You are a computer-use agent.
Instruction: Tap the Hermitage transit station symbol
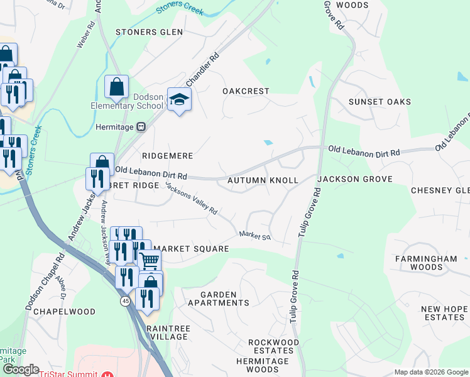141,127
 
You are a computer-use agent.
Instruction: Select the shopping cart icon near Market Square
150,259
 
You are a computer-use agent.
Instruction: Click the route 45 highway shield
125,301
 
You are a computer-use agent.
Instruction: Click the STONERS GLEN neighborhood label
149,32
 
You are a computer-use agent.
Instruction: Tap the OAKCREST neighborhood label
246,91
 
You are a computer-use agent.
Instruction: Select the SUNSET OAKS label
380,102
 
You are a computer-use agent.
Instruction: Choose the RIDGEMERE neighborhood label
167,155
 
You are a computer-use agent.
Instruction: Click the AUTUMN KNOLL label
262,180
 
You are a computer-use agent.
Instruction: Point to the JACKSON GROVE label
354,179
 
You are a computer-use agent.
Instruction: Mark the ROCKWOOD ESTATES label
273,346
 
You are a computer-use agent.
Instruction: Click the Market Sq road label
254,236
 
